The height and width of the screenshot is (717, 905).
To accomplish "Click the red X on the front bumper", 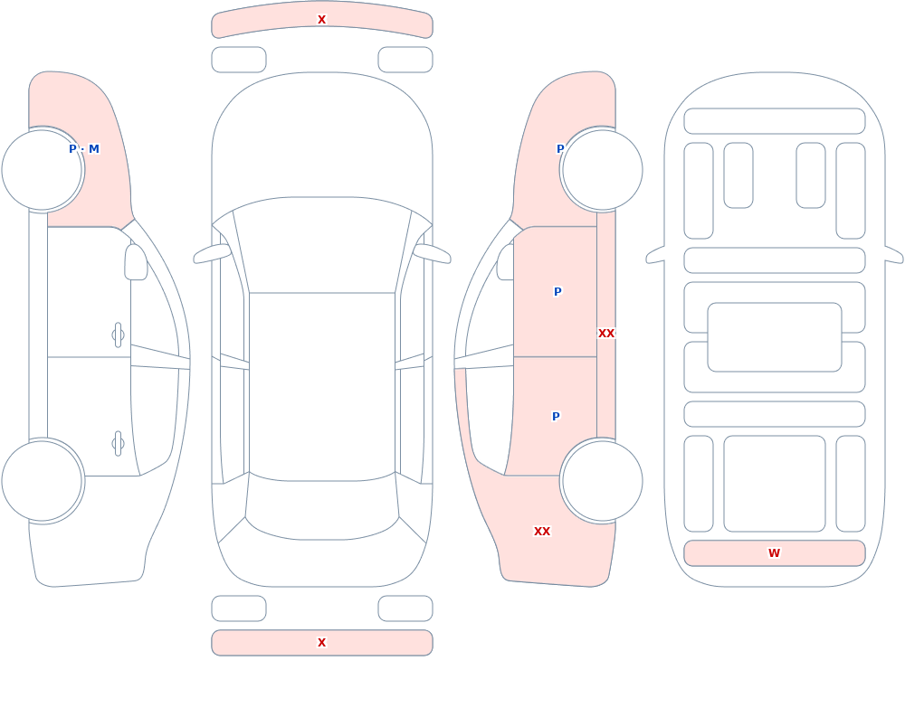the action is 321,20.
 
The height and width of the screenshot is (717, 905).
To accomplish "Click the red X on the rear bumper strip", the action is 321,643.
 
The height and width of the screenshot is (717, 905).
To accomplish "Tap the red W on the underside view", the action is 774,553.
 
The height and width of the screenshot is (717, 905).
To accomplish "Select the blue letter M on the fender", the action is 93,149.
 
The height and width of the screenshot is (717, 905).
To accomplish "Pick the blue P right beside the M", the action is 72,149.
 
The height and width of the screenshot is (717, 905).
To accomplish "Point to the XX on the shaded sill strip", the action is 606,334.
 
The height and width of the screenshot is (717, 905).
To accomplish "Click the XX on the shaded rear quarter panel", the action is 542,532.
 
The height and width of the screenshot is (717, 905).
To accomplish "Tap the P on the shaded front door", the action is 557,292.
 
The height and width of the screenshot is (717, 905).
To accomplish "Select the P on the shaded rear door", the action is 556,417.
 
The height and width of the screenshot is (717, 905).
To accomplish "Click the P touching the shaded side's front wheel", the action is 560,149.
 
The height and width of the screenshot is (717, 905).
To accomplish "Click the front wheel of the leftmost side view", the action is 43,170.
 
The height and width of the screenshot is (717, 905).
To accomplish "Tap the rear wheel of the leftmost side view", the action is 43,480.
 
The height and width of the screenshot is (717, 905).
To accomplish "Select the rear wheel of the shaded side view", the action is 602,480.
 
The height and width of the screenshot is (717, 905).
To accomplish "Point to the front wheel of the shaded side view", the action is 602,170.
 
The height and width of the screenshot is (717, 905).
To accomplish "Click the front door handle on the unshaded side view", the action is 118,335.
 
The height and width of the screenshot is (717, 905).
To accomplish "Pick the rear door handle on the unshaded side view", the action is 118,444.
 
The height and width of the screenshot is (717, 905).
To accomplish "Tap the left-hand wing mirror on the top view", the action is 212,253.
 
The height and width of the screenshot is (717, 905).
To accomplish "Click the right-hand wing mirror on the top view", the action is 432,253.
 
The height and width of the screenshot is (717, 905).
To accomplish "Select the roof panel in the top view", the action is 322,386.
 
